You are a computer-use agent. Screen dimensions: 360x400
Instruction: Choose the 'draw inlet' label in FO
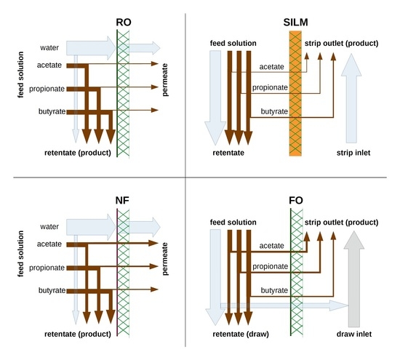(355, 335)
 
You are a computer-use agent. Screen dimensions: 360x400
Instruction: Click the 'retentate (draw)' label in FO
(241, 335)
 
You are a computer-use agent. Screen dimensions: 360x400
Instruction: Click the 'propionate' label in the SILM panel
(269, 89)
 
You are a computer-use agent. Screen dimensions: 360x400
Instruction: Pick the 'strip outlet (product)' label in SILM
(341, 42)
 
